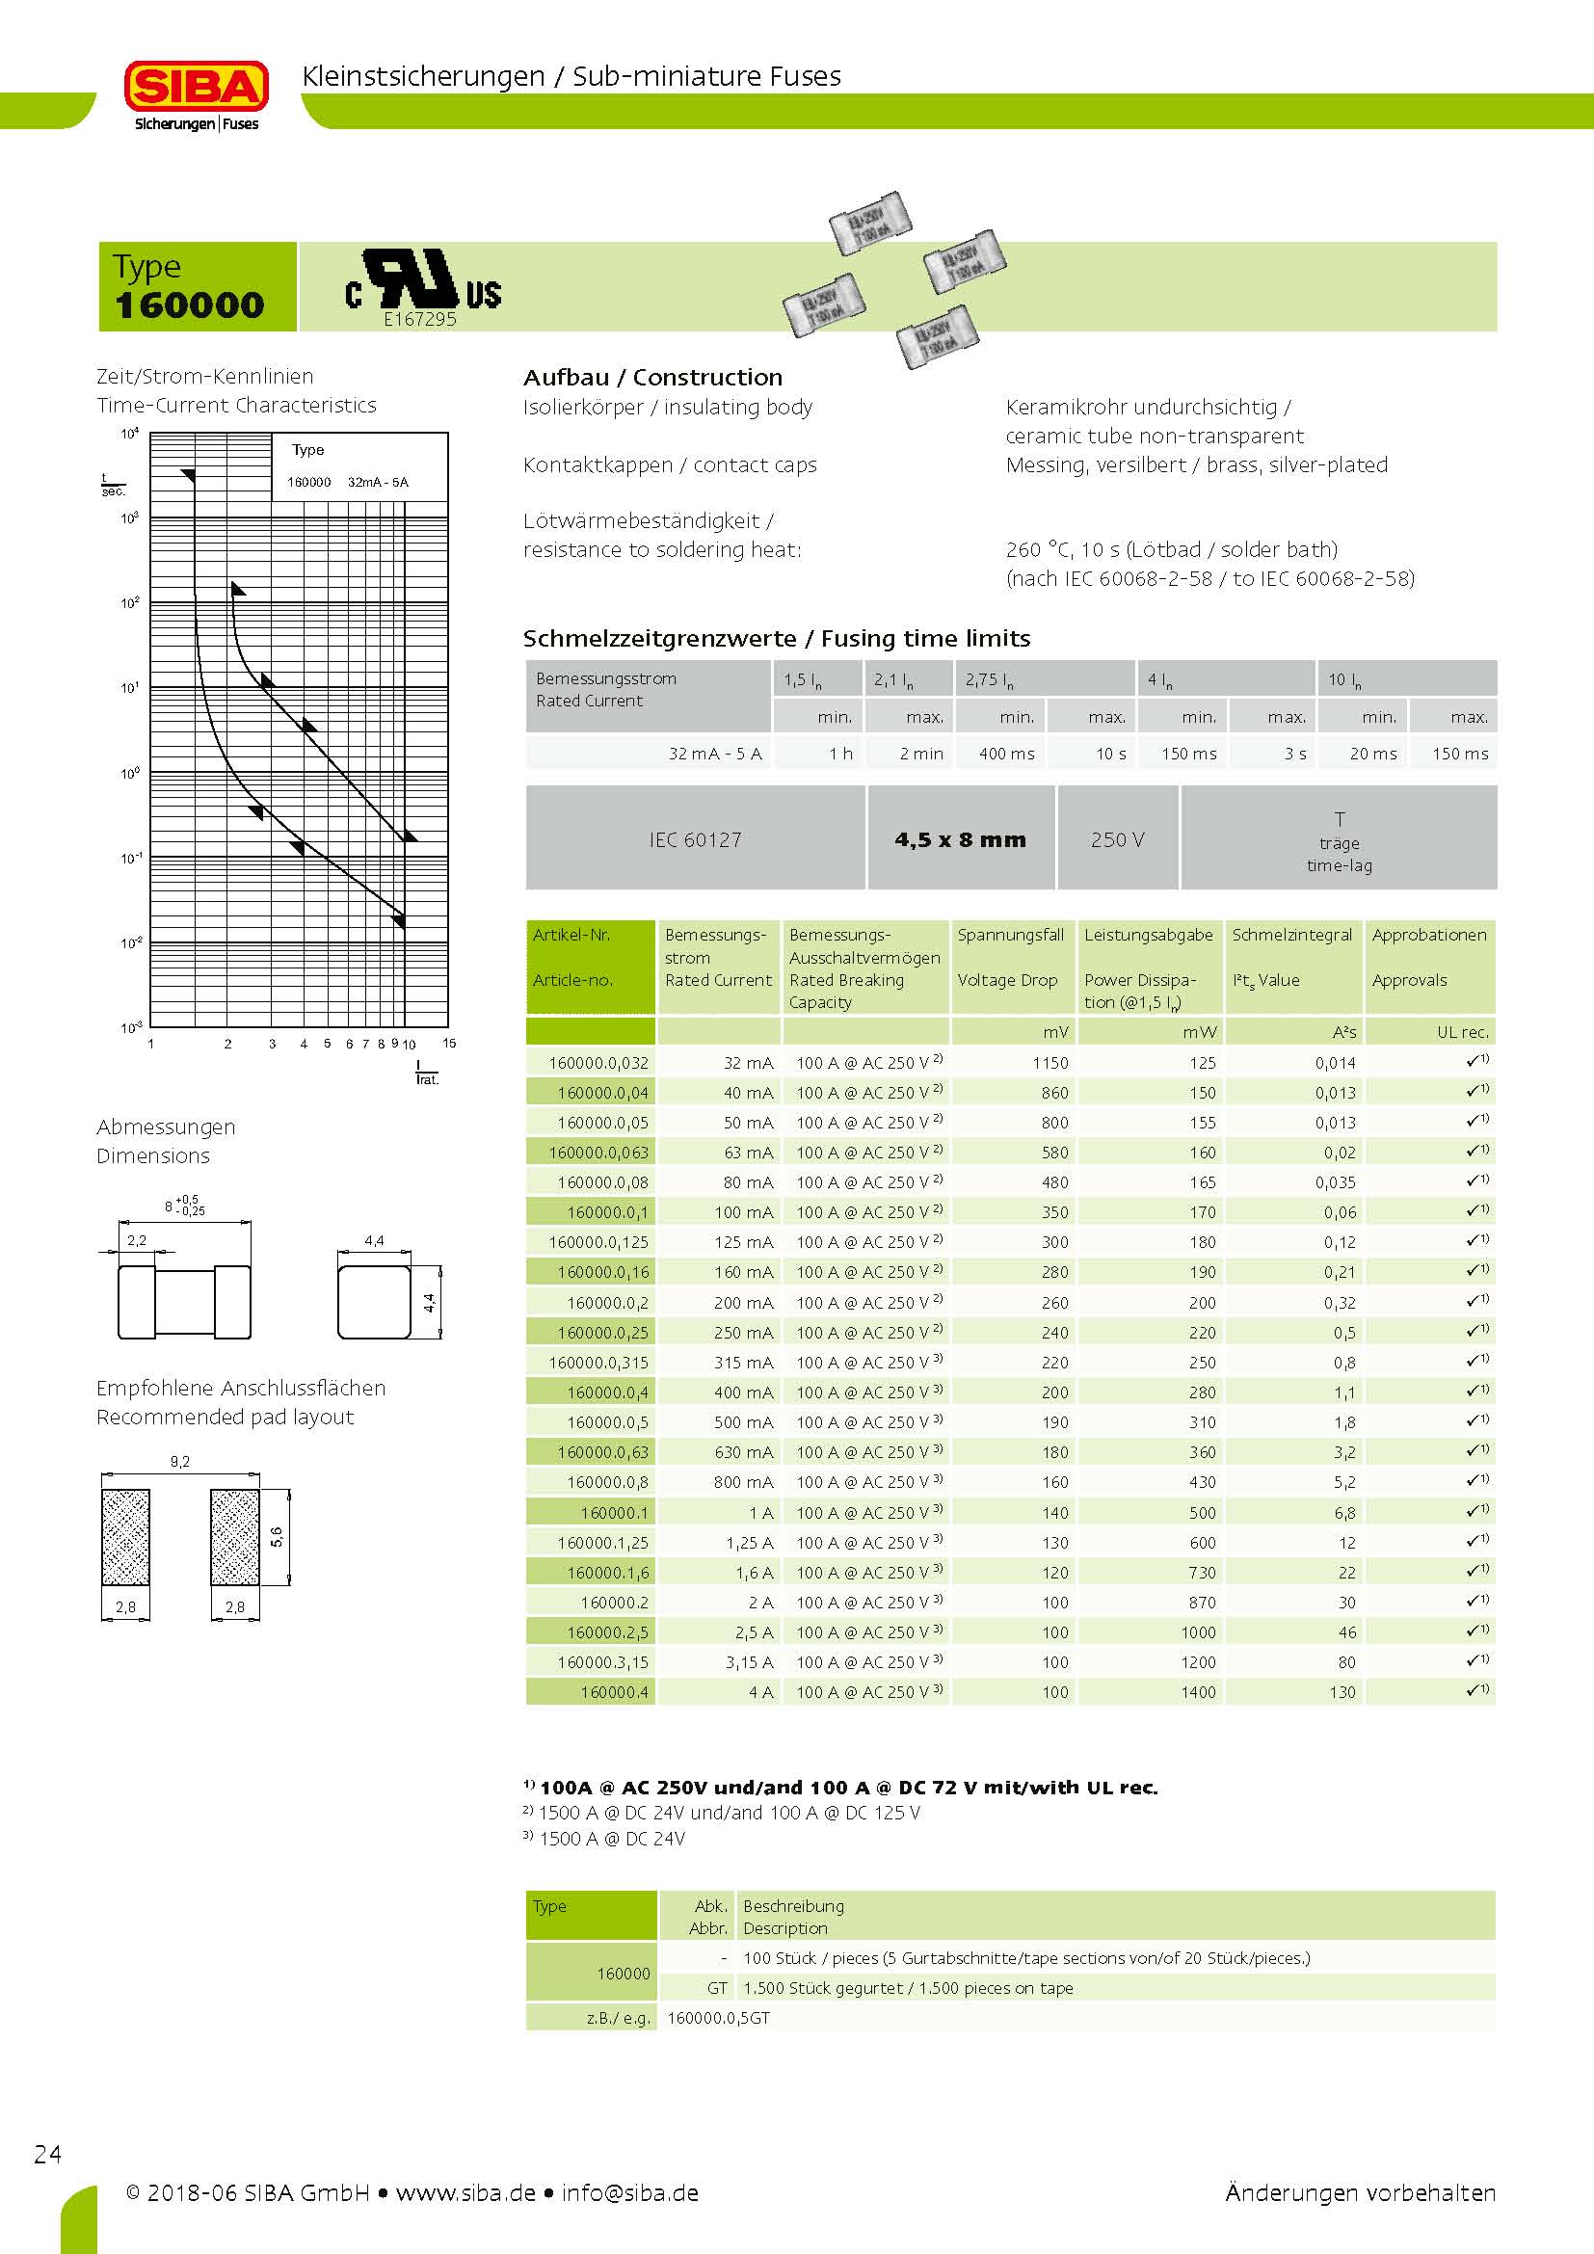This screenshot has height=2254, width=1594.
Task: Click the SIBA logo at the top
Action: point(197,94)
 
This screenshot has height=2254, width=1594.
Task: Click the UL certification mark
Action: point(423,281)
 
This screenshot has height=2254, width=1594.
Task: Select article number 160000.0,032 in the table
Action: point(598,1062)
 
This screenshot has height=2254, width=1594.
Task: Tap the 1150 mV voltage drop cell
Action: point(1049,1062)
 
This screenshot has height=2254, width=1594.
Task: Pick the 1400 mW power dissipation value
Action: point(1198,1691)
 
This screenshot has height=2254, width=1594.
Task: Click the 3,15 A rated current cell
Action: point(749,1662)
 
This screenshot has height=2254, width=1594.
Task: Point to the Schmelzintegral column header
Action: point(1291,935)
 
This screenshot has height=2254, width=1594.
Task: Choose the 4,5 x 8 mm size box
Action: point(960,839)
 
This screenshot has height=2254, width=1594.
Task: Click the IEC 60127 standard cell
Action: point(695,839)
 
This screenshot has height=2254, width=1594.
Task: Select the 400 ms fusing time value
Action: point(1006,754)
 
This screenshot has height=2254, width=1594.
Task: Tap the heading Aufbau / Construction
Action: point(652,377)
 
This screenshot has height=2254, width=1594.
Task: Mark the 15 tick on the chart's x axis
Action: point(449,1043)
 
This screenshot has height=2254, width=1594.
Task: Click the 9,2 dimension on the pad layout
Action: point(179,1461)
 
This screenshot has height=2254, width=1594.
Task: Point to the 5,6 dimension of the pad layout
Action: point(277,1536)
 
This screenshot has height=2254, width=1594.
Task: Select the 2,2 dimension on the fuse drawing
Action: point(137,1240)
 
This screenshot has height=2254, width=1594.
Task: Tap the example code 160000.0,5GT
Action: point(719,2017)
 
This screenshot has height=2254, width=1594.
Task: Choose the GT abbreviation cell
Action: point(716,1988)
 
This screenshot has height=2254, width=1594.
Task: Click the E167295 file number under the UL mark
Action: point(419,319)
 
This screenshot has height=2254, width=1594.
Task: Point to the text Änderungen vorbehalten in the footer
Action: point(1360,2192)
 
